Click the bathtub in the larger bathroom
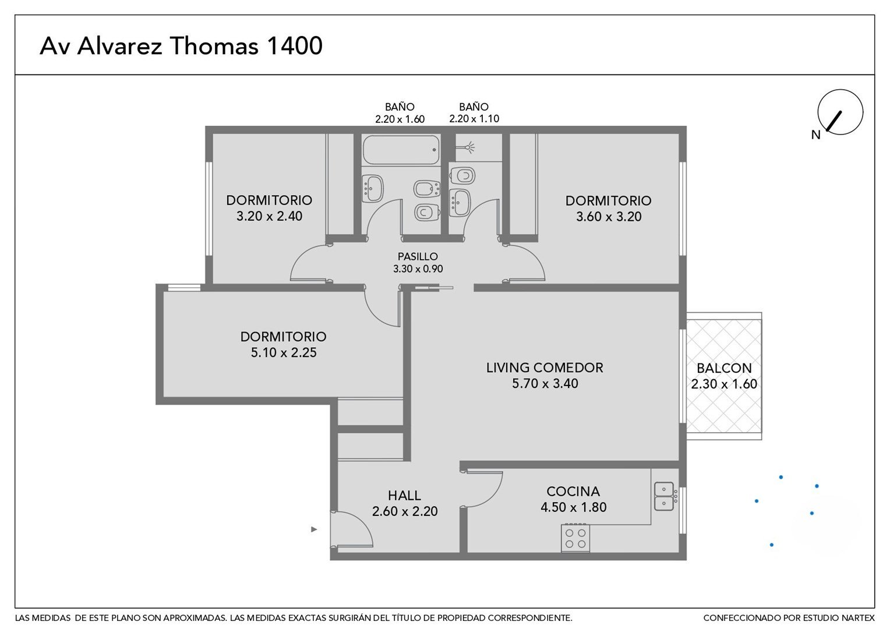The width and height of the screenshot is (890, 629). pyautogui.click(x=401, y=150)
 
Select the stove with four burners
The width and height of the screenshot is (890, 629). pyautogui.click(x=575, y=538)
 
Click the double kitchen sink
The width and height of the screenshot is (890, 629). pyautogui.click(x=665, y=496)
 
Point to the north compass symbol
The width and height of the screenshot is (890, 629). pyautogui.click(x=839, y=112)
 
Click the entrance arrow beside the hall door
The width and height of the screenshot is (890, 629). pyautogui.click(x=314, y=529)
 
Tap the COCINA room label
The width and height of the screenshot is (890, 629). pyautogui.click(x=573, y=492)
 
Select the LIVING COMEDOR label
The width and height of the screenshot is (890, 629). pyautogui.click(x=545, y=367)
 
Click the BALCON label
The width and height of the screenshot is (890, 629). pyautogui.click(x=724, y=368)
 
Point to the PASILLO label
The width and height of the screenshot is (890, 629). pyautogui.click(x=418, y=256)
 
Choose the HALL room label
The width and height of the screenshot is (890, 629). pyautogui.click(x=404, y=496)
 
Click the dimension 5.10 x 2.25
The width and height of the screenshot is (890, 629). pyautogui.click(x=284, y=352)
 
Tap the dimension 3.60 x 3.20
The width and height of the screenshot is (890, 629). pyautogui.click(x=609, y=217)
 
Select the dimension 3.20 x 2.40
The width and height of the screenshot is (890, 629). pyautogui.click(x=269, y=216)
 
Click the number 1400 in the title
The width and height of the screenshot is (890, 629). pyautogui.click(x=294, y=45)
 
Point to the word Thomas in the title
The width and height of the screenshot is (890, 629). pyautogui.click(x=214, y=45)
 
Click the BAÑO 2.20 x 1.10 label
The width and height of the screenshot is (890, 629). pyautogui.click(x=474, y=113)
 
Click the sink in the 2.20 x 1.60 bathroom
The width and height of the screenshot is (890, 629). pyautogui.click(x=373, y=188)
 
